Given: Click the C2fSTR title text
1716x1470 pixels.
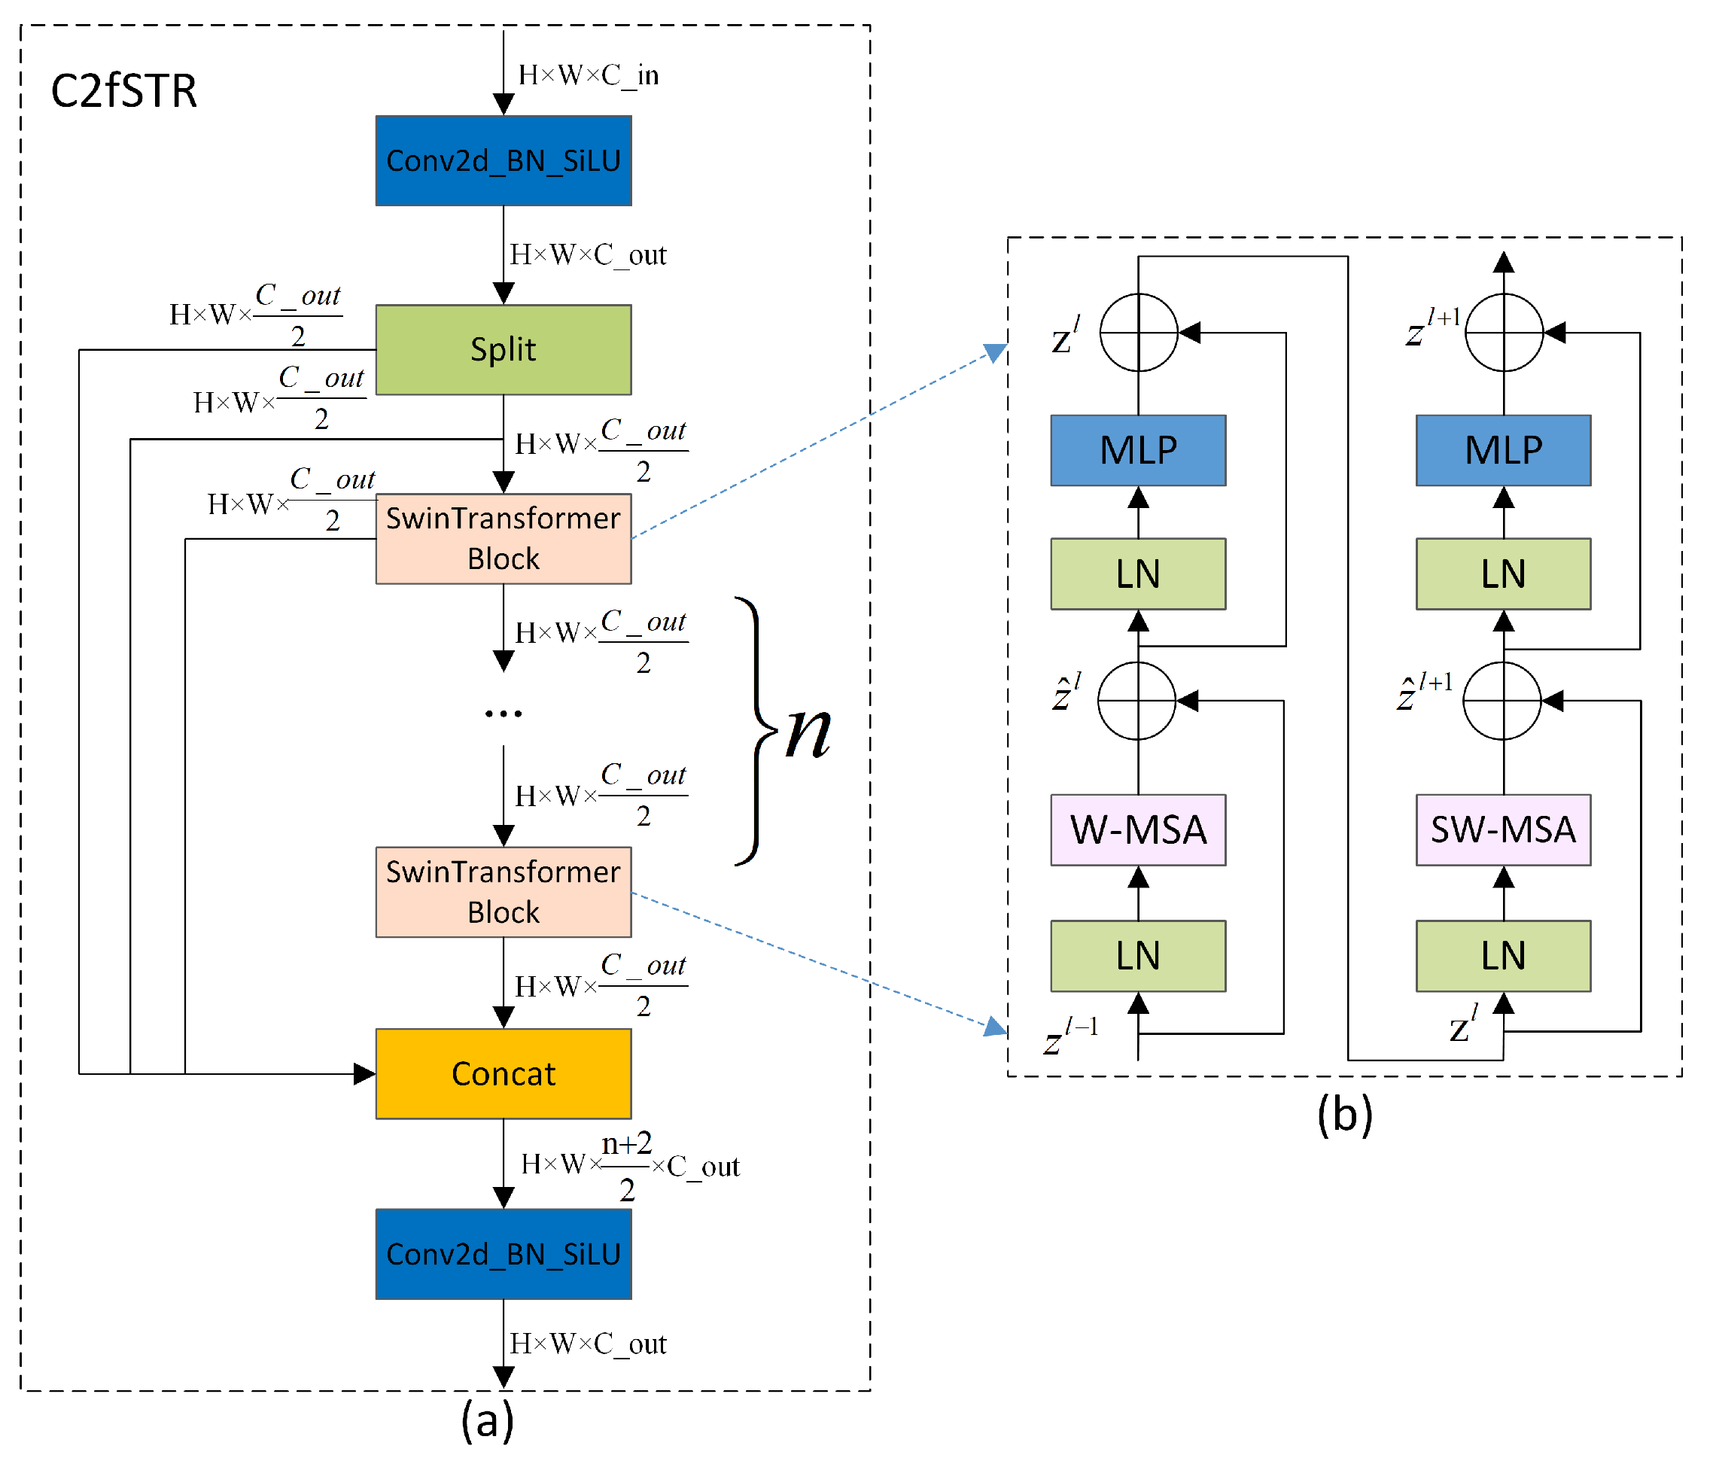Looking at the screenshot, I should (x=123, y=90).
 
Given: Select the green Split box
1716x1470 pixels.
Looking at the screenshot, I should (x=503, y=349).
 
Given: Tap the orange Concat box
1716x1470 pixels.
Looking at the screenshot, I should (x=503, y=1073).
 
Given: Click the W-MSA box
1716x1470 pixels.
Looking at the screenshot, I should (x=1137, y=829).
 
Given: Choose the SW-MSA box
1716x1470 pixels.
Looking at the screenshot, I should (x=1502, y=829).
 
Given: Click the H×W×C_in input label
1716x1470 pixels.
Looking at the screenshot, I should (x=588, y=75).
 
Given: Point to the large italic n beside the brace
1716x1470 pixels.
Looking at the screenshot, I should (x=808, y=732).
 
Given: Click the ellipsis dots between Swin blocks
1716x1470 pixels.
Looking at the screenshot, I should (x=503, y=713).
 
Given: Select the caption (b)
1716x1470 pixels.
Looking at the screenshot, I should (x=1344, y=1115).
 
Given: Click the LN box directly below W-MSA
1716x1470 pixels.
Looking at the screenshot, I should (x=1137, y=956).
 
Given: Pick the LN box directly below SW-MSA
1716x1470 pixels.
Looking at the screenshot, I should (x=1502, y=956).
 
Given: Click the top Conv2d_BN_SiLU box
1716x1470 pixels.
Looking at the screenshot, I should (x=503, y=160).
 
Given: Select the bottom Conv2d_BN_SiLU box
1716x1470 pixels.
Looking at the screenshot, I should (x=503, y=1254).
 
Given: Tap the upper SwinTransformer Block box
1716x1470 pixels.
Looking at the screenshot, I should (x=503, y=538).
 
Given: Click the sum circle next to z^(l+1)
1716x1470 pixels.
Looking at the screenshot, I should (x=1503, y=332).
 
